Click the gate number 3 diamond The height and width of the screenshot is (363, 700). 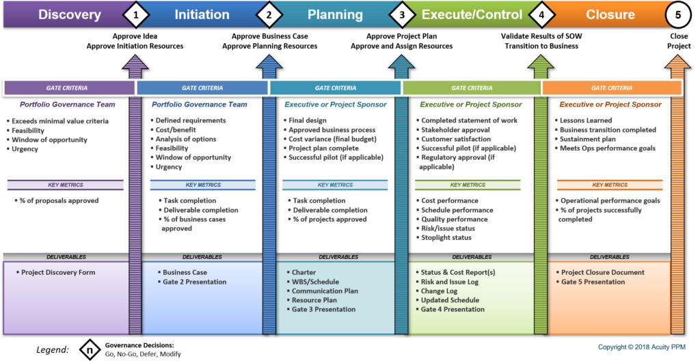point(402,15)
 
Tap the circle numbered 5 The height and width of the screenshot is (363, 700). point(677,15)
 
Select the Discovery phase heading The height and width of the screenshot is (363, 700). point(70,14)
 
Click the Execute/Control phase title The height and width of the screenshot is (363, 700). point(472,14)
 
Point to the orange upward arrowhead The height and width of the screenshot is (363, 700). point(677,62)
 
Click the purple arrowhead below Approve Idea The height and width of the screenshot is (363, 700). point(135,62)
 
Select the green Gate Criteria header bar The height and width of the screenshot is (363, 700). point(472,88)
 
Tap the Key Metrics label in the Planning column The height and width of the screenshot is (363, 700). point(335,185)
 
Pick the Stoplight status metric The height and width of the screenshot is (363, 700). point(446,237)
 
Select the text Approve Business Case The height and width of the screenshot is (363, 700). point(269,36)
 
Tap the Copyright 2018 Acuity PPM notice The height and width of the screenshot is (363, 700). point(641,347)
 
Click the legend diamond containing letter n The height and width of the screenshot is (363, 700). point(90,349)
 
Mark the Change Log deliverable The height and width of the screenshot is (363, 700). point(439,291)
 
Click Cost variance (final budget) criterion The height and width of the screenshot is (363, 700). point(332,139)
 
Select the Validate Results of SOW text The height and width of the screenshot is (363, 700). point(541,36)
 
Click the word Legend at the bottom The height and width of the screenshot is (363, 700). point(53,349)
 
